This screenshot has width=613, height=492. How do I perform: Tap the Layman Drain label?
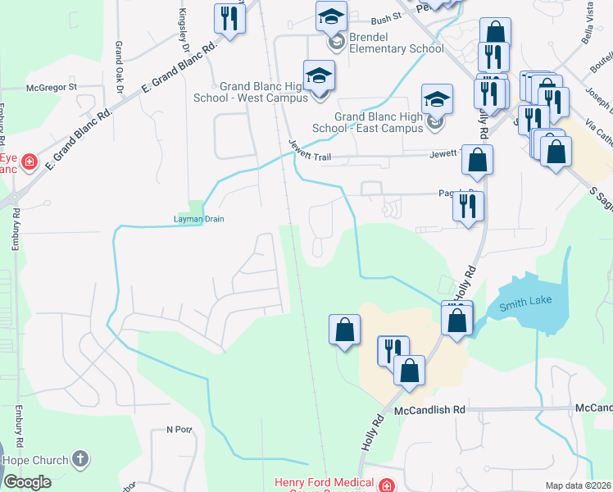point(198,219)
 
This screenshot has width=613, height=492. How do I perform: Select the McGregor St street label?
point(51,86)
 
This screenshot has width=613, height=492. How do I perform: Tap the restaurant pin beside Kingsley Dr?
point(229,20)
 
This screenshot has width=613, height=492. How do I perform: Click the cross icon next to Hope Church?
point(79,458)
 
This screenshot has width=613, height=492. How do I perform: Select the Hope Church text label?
point(36,460)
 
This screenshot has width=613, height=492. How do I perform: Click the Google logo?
point(26,482)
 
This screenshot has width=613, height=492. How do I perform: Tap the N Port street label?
point(179,429)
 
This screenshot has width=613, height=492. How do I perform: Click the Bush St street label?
point(385,16)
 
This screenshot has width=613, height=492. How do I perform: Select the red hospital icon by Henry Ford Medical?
point(386,485)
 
